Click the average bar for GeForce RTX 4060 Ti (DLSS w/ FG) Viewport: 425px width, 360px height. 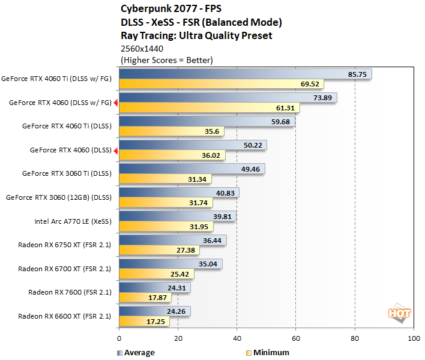click(246, 74)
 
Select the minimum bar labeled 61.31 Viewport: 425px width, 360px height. click(209, 107)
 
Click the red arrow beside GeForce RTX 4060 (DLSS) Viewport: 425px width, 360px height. click(116, 150)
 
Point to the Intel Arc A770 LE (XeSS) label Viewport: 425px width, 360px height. click(73, 221)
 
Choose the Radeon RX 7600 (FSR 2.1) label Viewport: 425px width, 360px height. click(70, 292)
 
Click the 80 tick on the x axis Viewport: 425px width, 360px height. click(355, 339)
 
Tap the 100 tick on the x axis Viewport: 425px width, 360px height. click(413, 339)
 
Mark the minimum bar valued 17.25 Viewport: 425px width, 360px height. click(145, 322)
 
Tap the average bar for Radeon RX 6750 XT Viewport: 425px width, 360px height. click(173, 240)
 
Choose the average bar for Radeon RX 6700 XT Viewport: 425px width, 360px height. click(171, 263)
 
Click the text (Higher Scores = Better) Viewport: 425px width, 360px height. click(167, 60)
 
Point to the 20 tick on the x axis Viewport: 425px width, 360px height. click(178, 339)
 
